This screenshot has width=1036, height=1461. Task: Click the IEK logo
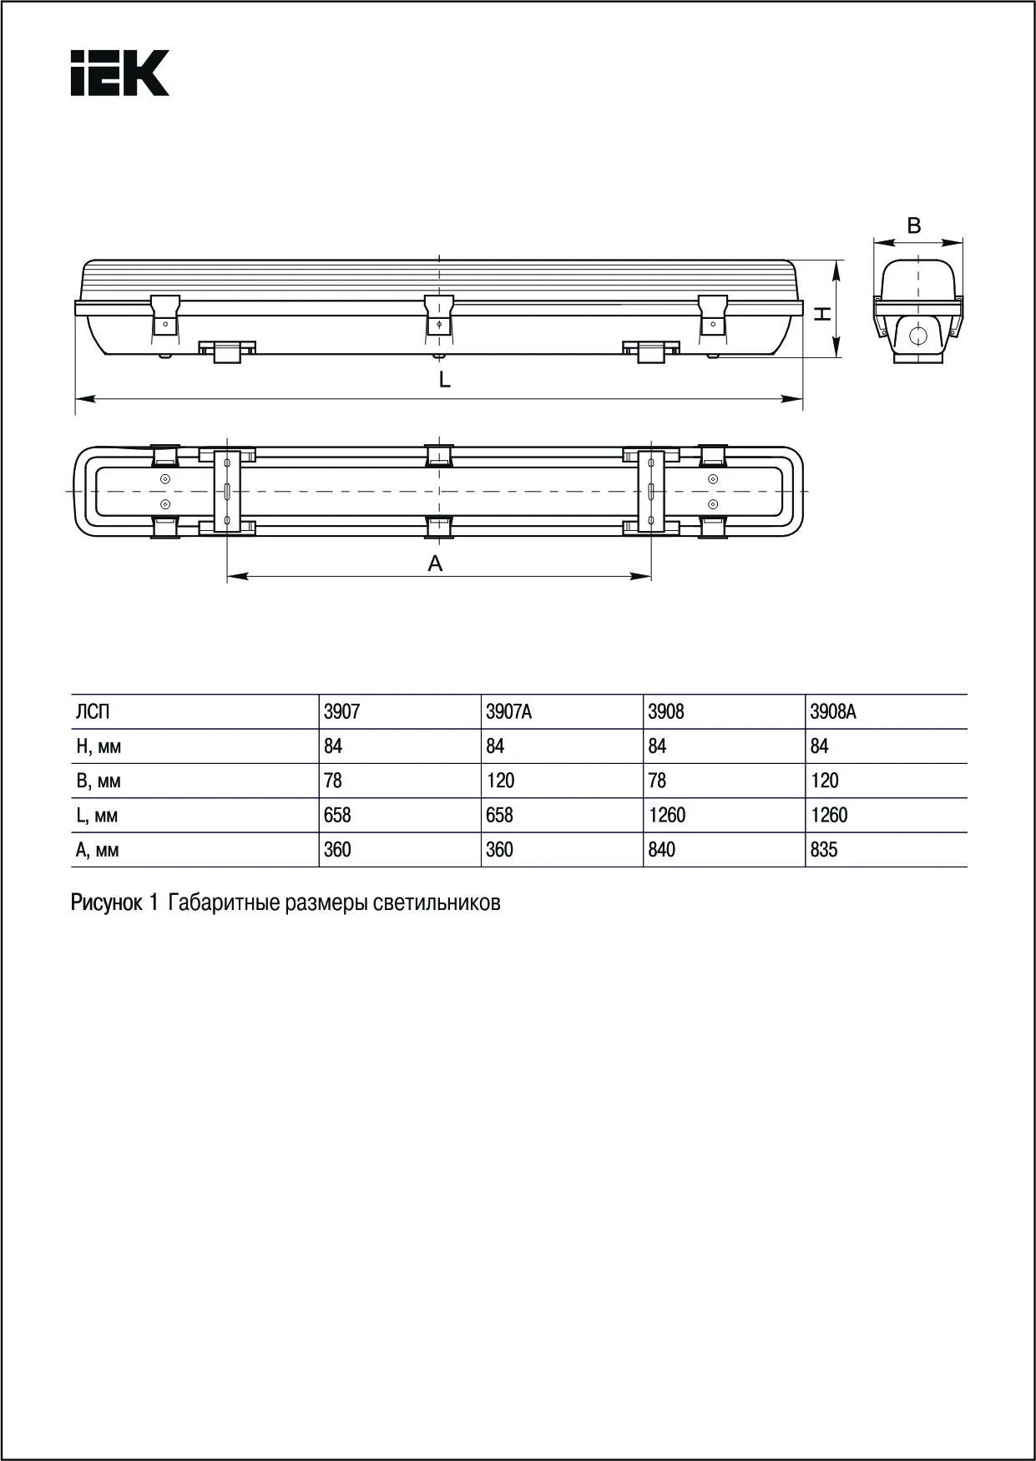point(119,73)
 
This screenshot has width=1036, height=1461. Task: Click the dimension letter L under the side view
point(445,381)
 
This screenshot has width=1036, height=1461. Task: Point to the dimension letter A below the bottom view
point(435,564)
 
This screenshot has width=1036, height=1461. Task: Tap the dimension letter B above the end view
point(914,225)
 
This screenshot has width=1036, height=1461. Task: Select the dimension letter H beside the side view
point(823,313)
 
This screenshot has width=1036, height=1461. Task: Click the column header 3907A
point(508,712)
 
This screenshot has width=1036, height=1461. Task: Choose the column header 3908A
point(833,712)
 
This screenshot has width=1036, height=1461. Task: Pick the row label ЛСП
point(93,712)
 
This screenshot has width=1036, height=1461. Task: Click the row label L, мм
point(97,816)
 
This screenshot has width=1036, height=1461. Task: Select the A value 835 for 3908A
point(824,850)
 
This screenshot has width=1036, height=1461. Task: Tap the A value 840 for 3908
point(662,850)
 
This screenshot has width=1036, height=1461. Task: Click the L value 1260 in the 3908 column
point(667,816)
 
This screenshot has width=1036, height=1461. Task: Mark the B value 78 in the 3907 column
point(333,781)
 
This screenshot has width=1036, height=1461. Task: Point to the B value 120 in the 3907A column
point(500,781)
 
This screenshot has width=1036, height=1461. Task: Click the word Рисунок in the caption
point(107,902)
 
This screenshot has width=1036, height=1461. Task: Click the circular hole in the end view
point(917,336)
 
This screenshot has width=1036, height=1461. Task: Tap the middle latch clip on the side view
point(439,315)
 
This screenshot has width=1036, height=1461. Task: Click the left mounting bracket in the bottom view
point(226,491)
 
